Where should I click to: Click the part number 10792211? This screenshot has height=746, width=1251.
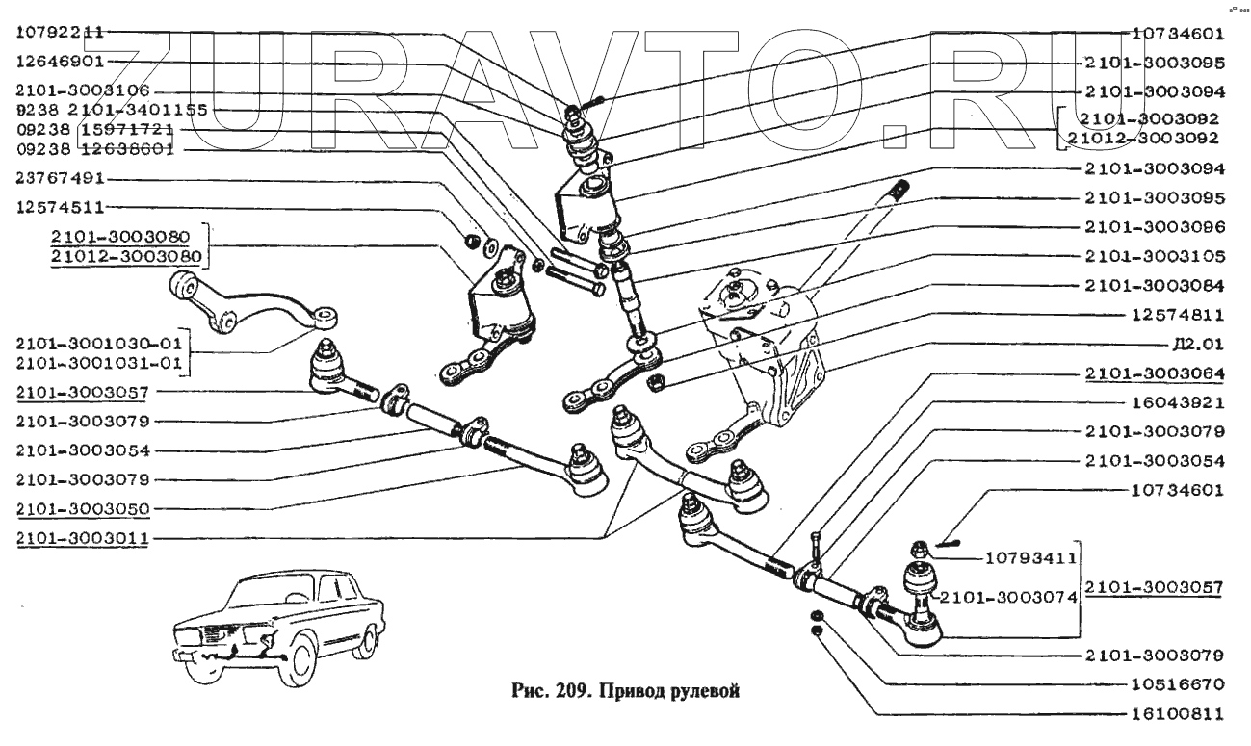click(60, 32)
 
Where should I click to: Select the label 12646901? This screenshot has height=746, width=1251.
click(60, 61)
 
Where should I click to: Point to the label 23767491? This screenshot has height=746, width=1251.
click(60, 179)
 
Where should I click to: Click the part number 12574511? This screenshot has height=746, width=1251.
click(60, 207)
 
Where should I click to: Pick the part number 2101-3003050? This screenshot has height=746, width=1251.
click(82, 508)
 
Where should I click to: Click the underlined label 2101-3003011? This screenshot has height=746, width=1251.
click(82, 538)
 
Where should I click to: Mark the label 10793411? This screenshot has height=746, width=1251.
click(1031, 557)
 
